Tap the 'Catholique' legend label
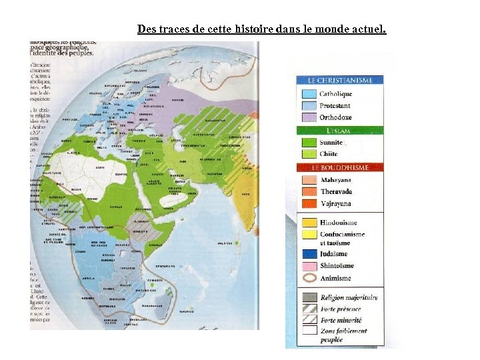[x=335, y=94]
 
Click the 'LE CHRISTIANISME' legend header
[x=340, y=81]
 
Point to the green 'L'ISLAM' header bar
[x=340, y=131]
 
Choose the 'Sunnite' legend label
[x=332, y=143]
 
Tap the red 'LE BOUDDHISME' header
[x=340, y=167]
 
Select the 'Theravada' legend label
[x=337, y=191]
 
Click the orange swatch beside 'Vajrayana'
[x=308, y=203]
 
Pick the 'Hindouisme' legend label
[x=338, y=223]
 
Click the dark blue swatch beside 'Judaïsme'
[x=308, y=253]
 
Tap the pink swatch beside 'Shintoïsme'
[x=308, y=265]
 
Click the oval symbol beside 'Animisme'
[x=308, y=279]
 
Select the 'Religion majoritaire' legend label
[x=349, y=297]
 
